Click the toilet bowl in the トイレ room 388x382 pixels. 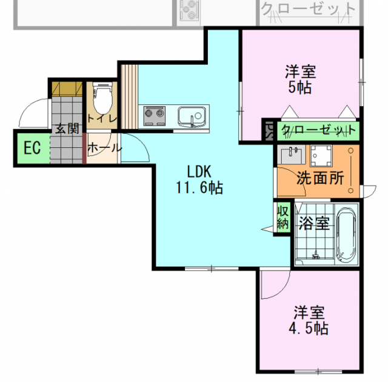(102, 96)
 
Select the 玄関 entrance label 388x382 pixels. (67, 129)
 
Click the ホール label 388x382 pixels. (104, 148)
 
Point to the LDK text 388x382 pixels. (198, 172)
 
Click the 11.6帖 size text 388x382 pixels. (199, 188)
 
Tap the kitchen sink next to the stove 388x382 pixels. (192, 115)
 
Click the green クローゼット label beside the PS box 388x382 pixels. (317, 131)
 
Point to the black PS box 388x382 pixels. (269, 131)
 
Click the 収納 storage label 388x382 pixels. (283, 217)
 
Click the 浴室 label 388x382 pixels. (314, 224)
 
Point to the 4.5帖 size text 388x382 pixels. (311, 329)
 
